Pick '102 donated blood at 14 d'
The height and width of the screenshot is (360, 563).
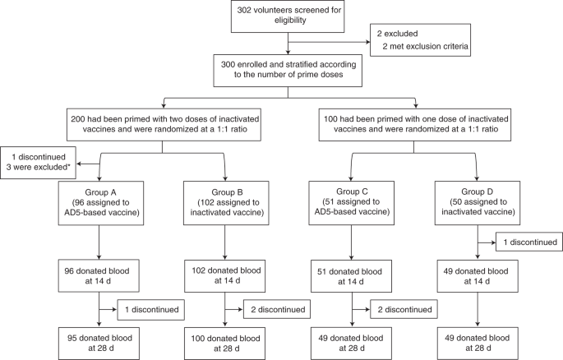(x=225, y=274)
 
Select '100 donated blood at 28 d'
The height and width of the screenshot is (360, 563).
(x=225, y=340)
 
